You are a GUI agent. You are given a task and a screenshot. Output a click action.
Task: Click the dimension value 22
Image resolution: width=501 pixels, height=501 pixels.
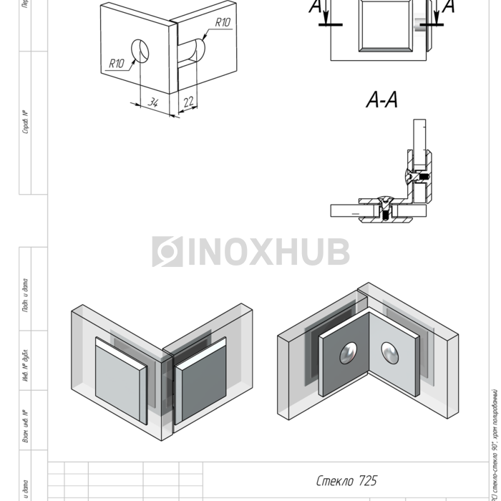[188, 102]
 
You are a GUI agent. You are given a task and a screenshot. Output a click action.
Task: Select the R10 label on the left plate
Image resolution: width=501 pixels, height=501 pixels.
[117, 64]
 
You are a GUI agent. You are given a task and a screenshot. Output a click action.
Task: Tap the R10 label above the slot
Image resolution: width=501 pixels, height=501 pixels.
[222, 23]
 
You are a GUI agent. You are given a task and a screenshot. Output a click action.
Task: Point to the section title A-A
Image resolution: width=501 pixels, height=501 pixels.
[381, 101]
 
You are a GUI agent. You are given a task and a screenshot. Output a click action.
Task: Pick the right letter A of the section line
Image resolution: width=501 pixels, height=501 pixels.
[449, 7]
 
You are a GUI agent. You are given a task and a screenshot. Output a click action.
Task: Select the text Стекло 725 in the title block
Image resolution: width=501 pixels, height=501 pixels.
[346, 480]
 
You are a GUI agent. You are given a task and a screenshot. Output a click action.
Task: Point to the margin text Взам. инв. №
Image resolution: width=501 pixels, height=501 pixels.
[26, 425]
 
